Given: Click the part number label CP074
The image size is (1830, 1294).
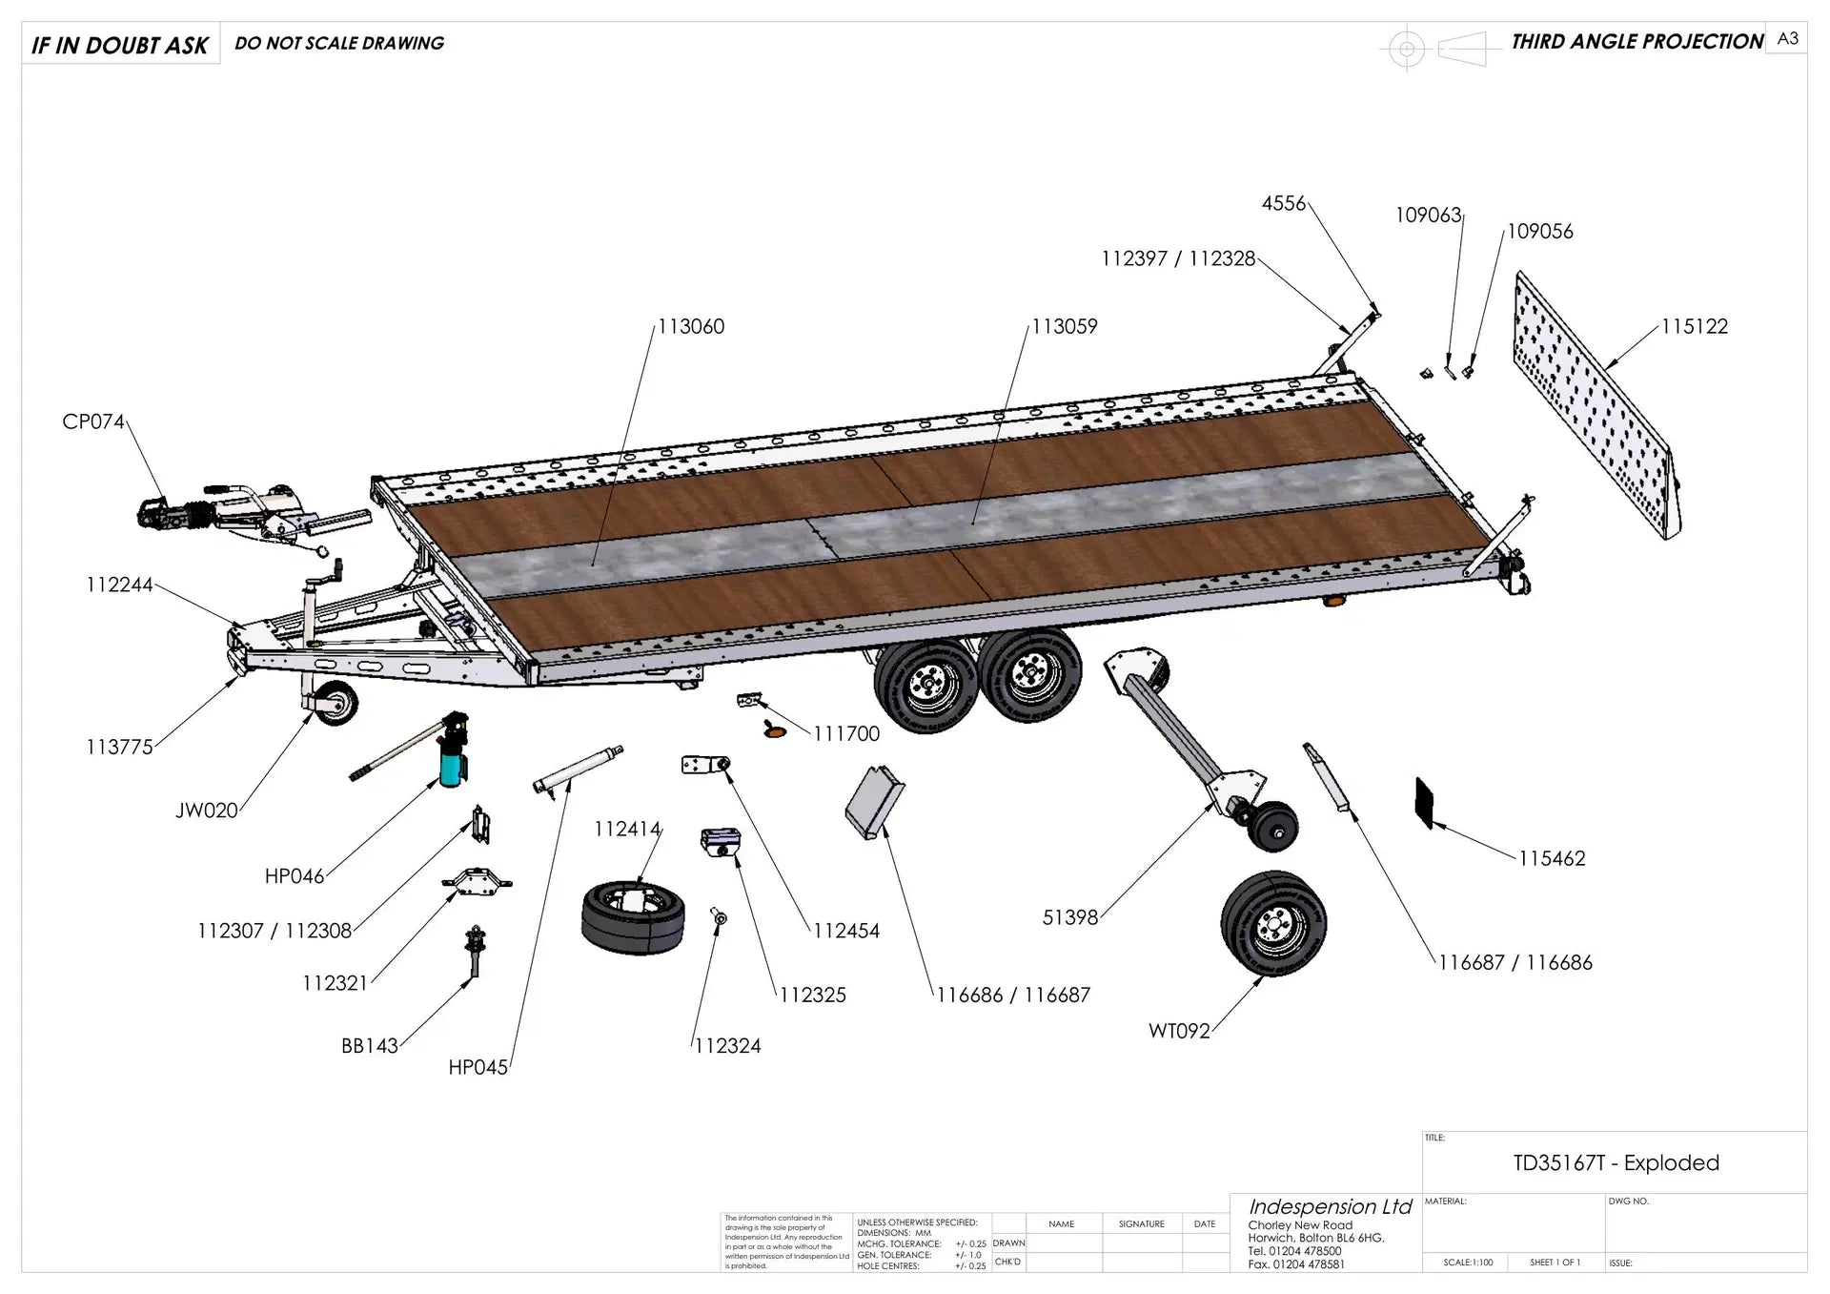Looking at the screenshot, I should (x=93, y=421).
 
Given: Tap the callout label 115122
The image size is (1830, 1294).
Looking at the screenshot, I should (x=1694, y=327).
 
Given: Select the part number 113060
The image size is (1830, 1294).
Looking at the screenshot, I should (x=691, y=327).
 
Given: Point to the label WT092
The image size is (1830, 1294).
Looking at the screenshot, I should (x=1179, y=1031).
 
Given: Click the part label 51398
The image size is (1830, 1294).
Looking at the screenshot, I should (x=1070, y=917).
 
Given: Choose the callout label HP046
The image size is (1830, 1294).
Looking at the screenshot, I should (x=295, y=876).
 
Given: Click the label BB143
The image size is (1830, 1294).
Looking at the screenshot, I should (x=370, y=1046).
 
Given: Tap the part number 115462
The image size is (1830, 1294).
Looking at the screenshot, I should (x=1552, y=858).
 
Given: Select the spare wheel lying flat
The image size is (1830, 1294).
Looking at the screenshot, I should (x=633, y=916).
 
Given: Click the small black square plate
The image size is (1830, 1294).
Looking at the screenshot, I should (x=1425, y=802).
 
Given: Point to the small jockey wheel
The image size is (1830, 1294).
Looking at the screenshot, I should (x=333, y=703).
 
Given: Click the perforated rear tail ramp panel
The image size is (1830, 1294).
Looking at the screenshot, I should (x=1596, y=406).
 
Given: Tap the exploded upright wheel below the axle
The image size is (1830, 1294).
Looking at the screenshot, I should (x=1273, y=923).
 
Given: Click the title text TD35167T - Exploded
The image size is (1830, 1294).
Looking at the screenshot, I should (x=1616, y=1163).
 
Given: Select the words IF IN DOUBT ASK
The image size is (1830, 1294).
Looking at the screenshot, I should (x=120, y=45).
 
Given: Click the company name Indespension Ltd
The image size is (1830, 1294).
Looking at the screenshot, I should (x=1330, y=1207).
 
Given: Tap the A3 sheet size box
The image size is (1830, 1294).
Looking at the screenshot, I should (x=1787, y=38).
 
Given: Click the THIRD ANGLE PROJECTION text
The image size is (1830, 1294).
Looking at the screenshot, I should (x=1637, y=42).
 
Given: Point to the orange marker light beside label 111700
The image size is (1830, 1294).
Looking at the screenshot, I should (x=775, y=731).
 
